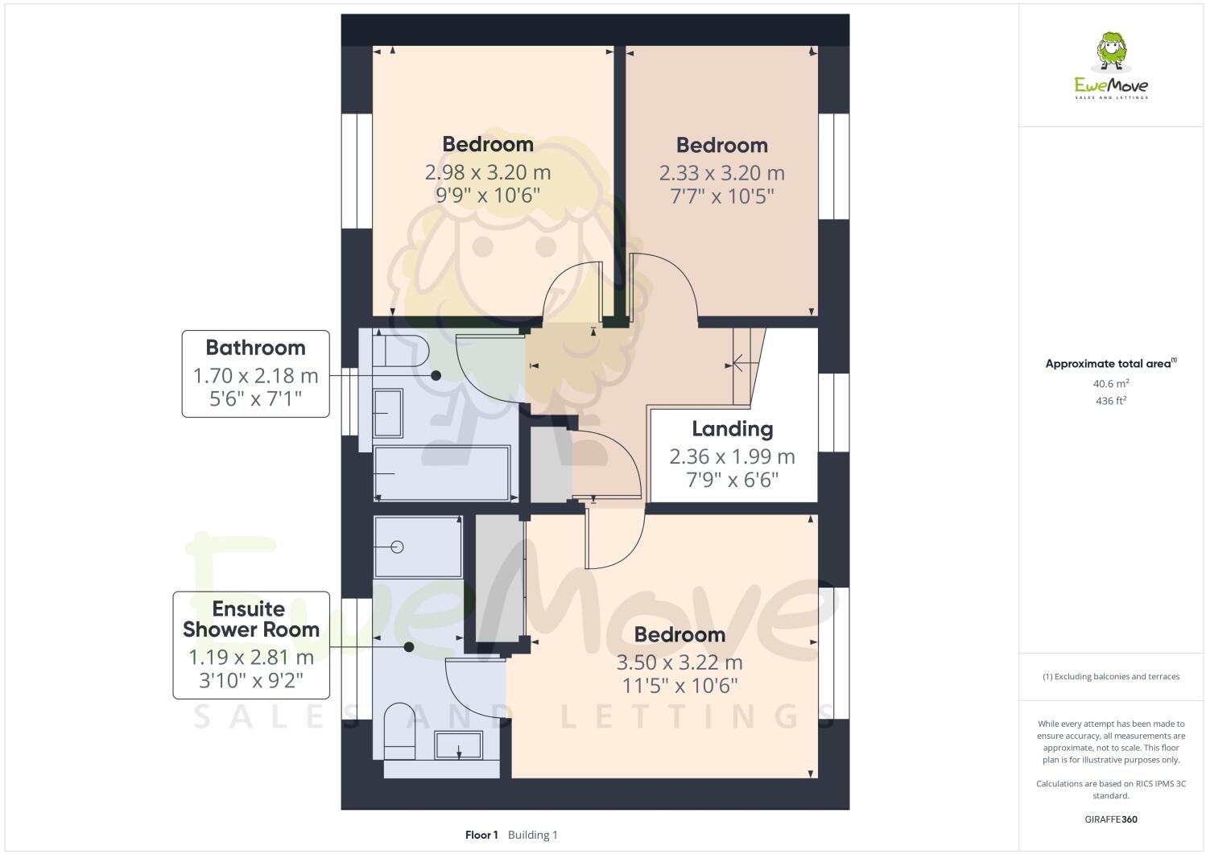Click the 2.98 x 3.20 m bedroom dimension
pyautogui.click(x=488, y=172)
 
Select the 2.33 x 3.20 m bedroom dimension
pyautogui.click(x=721, y=173)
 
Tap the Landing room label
pyautogui.click(x=732, y=429)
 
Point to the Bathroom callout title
pyautogui.click(x=255, y=348)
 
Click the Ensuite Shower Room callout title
pyautogui.click(x=250, y=619)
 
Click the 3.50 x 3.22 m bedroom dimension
pyautogui.click(x=679, y=662)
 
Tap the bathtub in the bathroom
pyautogui.click(x=442, y=473)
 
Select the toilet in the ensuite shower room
pyautogui.click(x=399, y=731)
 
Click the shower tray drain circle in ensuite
pyautogui.click(x=397, y=547)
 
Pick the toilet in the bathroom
pyautogui.click(x=405, y=351)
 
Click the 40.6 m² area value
pyautogui.click(x=1111, y=384)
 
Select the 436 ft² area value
pyautogui.click(x=1111, y=400)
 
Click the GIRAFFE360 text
pyautogui.click(x=1111, y=819)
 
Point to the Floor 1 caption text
pyautogui.click(x=481, y=835)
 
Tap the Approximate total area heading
pyautogui.click(x=1109, y=364)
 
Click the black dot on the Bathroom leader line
pyautogui.click(x=436, y=375)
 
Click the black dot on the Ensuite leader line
pyautogui.click(x=409, y=646)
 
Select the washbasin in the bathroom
pyautogui.click(x=389, y=413)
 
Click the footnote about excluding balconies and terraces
pyautogui.click(x=1111, y=676)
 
